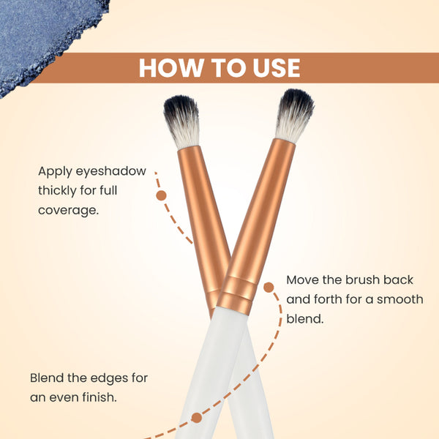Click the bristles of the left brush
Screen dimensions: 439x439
(182, 121)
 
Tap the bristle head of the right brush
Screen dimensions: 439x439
(295, 115)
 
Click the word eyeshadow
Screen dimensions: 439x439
(111, 171)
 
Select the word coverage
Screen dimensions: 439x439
(69, 211)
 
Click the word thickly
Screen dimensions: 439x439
(57, 191)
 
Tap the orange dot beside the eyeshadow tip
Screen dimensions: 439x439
(161, 195)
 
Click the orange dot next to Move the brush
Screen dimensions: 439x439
(269, 288)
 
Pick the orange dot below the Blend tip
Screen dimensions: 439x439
(197, 418)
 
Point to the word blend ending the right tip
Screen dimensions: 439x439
(305, 319)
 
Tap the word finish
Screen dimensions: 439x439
(100, 397)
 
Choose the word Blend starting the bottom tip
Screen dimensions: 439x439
(47, 378)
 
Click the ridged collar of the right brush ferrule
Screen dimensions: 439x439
(237, 294)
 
